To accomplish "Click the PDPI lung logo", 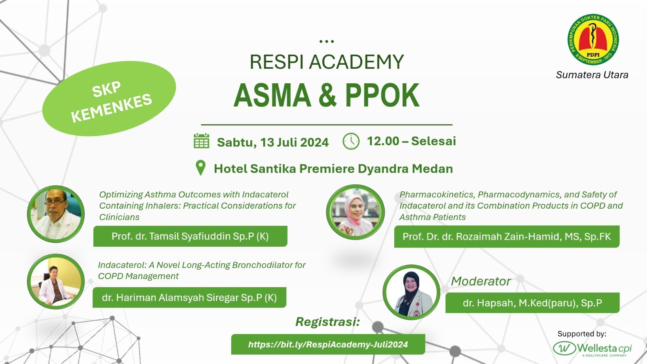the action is [x=593, y=40].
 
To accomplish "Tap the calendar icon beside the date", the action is [x=201, y=141].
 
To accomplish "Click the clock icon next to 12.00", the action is [x=351, y=141].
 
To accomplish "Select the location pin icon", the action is [x=201, y=168].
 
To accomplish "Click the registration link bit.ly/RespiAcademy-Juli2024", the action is [x=328, y=344].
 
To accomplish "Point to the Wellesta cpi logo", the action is [x=592, y=349].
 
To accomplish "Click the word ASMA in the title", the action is [x=273, y=95].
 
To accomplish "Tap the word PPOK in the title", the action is [x=382, y=95].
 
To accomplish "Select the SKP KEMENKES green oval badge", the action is [x=109, y=99].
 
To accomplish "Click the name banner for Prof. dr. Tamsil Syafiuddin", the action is [x=190, y=236].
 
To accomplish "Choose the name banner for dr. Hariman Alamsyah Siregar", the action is [x=190, y=297].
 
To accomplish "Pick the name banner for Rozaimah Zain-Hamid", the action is [x=507, y=237].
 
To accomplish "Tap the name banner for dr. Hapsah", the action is [x=533, y=303].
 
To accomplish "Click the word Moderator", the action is [x=481, y=281].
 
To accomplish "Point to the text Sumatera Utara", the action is [x=592, y=75].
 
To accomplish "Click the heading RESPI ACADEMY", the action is [x=327, y=62].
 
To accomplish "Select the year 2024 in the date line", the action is [x=314, y=142].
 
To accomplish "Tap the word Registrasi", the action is [x=328, y=322].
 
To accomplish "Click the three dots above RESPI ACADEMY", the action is [x=327, y=42].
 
